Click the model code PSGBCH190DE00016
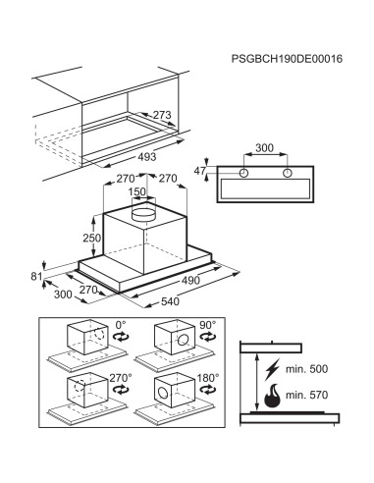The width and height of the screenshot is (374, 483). coord(287,59)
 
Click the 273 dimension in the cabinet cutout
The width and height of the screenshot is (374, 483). coord(162,115)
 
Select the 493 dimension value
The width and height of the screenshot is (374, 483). coord(147,157)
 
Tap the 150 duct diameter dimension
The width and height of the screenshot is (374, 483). coord(137,191)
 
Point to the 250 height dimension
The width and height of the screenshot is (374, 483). coord(91,238)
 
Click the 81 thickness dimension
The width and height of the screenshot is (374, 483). coord(36,277)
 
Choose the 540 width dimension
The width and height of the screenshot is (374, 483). coord(170,301)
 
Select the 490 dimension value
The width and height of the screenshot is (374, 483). coord(190,280)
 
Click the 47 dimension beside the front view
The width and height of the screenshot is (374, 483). coord(200,171)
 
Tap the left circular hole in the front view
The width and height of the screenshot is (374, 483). coord(243,173)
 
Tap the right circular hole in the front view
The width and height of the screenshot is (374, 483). coord(288,173)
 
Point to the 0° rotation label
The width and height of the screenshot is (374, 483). coord(121,325)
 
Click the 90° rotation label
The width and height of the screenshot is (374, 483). coord(208,325)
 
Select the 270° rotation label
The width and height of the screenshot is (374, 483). coord(121,378)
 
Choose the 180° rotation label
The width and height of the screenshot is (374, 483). coord(208,378)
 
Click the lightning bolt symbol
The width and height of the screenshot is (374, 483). coord(273,370)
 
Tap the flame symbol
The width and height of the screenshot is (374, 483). coord(273,396)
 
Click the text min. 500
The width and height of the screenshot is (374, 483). coord(306,369)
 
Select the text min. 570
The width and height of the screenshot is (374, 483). coord(306,395)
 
